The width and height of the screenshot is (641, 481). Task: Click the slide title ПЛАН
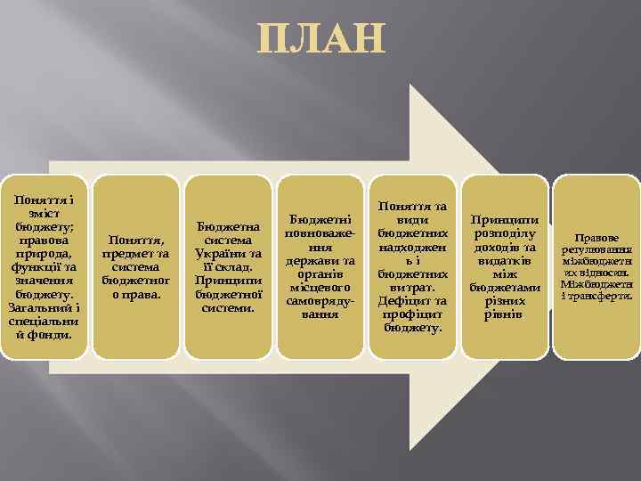[321, 40]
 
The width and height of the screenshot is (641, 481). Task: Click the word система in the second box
[135, 266]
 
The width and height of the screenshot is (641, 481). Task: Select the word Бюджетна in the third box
[226, 226]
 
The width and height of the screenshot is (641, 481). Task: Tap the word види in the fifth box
[413, 218]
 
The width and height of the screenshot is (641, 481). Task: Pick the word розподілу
[504, 233]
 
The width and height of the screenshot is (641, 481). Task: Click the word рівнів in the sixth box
[504, 314]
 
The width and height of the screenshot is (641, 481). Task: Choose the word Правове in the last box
[596, 238]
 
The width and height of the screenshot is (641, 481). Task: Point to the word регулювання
[596, 250]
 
